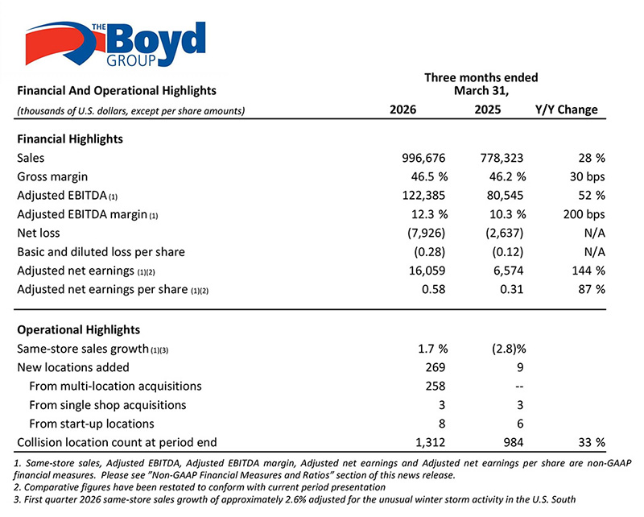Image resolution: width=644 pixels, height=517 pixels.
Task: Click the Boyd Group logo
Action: tap(115, 44)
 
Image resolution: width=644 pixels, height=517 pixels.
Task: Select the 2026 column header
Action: tap(402, 110)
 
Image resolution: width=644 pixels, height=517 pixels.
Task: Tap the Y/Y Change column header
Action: tap(567, 110)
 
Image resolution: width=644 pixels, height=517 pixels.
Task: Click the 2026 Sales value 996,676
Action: tap(423, 158)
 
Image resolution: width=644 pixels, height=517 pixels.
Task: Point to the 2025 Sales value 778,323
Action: tap(502, 158)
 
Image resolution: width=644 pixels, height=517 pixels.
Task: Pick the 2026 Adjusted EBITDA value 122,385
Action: tap(423, 195)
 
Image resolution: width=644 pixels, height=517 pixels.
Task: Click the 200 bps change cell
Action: tap(584, 214)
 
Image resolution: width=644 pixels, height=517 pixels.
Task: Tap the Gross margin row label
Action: tap(52, 176)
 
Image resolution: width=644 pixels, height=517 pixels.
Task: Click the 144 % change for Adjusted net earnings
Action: tap(588, 271)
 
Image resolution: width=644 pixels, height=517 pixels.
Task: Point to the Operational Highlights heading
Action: tap(78, 329)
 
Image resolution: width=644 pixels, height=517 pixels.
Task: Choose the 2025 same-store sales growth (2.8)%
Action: tap(509, 349)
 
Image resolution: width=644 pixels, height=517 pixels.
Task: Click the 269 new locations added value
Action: tap(435, 367)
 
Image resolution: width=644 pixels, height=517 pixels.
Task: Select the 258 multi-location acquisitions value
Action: tap(435, 386)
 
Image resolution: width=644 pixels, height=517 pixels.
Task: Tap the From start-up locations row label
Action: tap(92, 424)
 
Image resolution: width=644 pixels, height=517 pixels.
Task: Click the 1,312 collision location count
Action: tap(430, 442)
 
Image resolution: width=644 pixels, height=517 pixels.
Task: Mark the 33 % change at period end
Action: tap(592, 442)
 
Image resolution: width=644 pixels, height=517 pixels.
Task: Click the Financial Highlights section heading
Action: tap(70, 139)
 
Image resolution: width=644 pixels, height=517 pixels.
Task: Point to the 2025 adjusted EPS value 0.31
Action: tap(512, 289)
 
